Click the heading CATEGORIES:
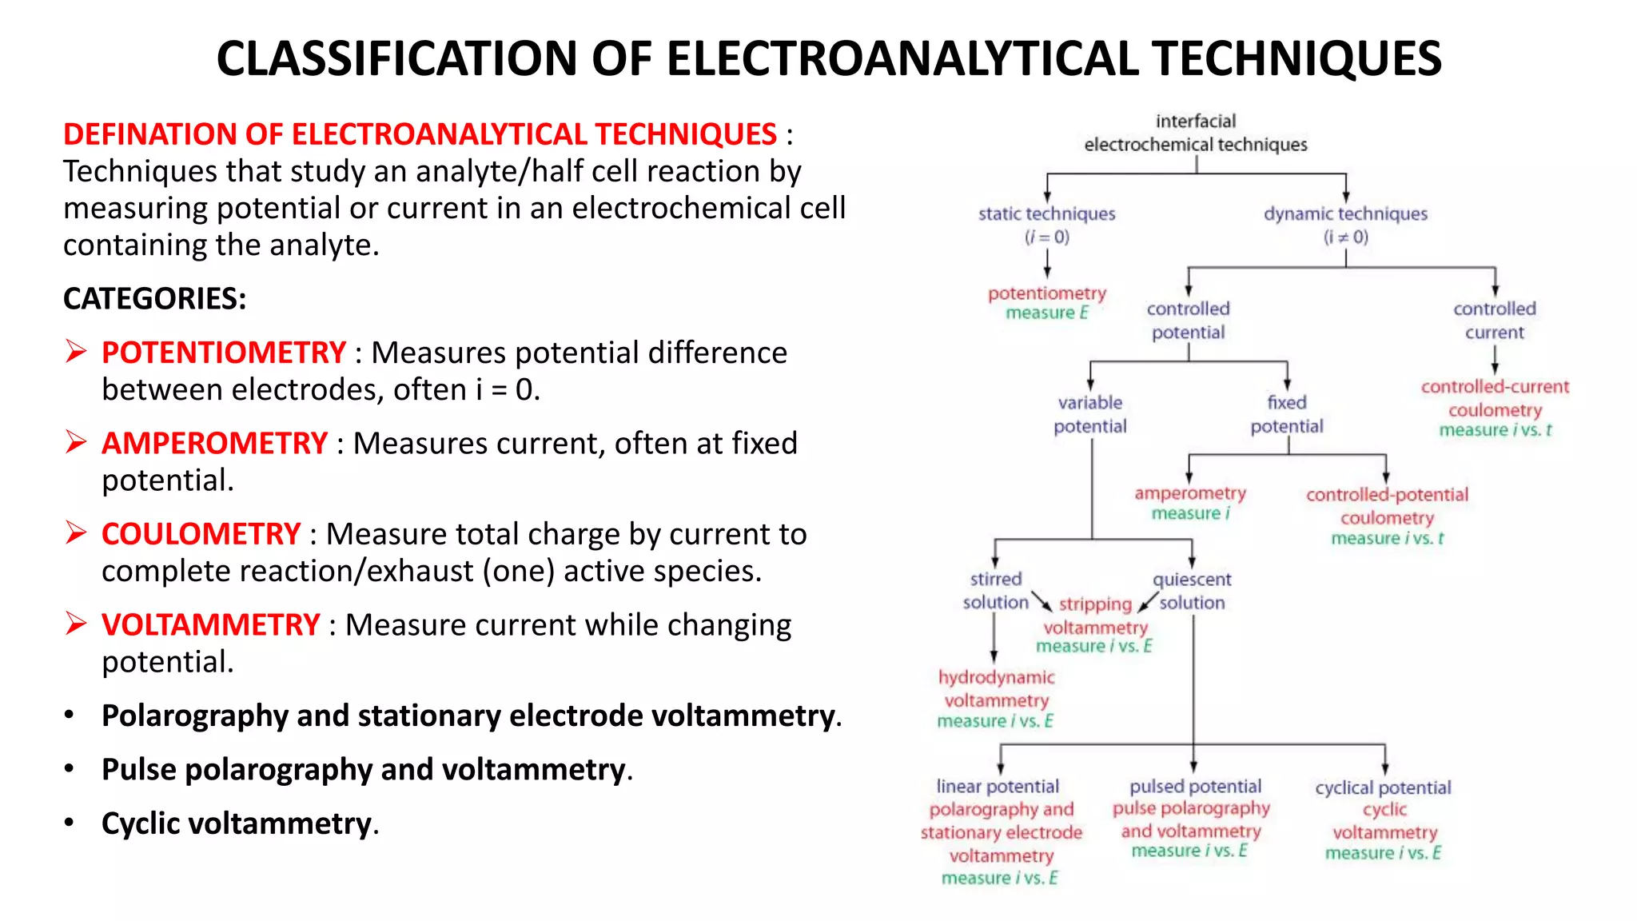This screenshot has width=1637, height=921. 154,298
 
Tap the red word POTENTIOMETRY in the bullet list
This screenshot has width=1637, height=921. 223,353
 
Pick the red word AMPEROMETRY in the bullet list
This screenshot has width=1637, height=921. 214,443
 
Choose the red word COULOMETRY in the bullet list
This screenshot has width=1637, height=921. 201,534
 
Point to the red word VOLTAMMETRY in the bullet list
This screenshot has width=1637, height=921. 210,624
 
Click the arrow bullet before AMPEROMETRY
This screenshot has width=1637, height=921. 76,441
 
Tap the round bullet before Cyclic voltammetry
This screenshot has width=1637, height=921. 70,822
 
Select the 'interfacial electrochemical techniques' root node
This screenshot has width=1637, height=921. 1195,133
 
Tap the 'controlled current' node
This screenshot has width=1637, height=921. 1494,320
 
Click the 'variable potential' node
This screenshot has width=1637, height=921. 1089,414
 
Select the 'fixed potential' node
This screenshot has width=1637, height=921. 1286,414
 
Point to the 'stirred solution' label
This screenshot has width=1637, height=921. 995,590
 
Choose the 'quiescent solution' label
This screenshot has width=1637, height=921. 1192,590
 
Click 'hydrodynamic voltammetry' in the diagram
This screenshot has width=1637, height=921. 996,688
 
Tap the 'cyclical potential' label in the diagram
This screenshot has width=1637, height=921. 1383,787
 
